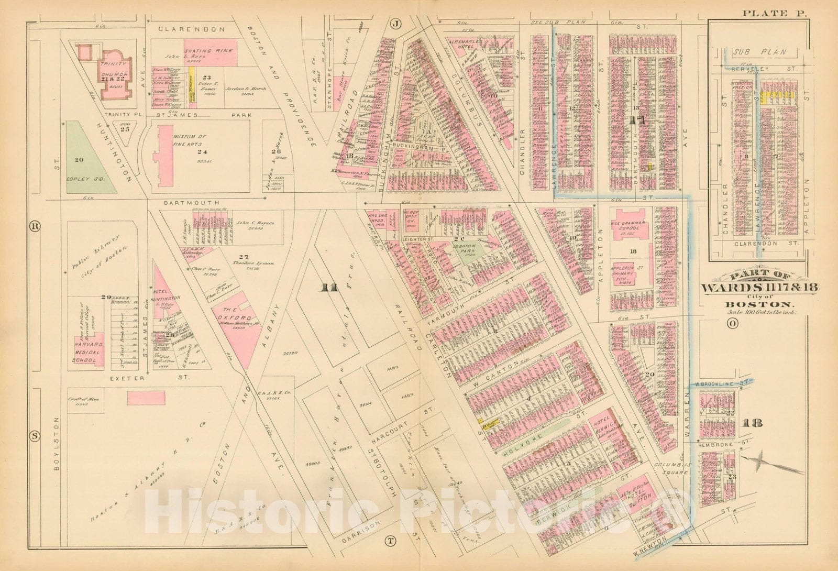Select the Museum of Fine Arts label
189,140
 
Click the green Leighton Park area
463,248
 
